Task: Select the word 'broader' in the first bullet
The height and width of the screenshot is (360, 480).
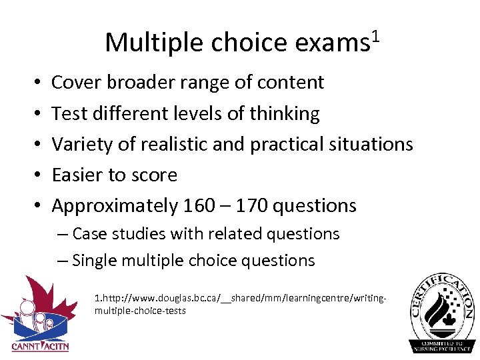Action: click(x=141, y=82)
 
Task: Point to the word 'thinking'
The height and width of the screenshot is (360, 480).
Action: click(x=285, y=113)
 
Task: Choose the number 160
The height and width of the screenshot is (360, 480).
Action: click(x=199, y=205)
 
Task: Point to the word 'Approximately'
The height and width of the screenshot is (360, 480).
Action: click(x=114, y=205)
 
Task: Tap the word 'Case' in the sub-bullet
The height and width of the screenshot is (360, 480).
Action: click(x=89, y=234)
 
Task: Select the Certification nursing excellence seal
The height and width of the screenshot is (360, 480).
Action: click(x=441, y=312)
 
